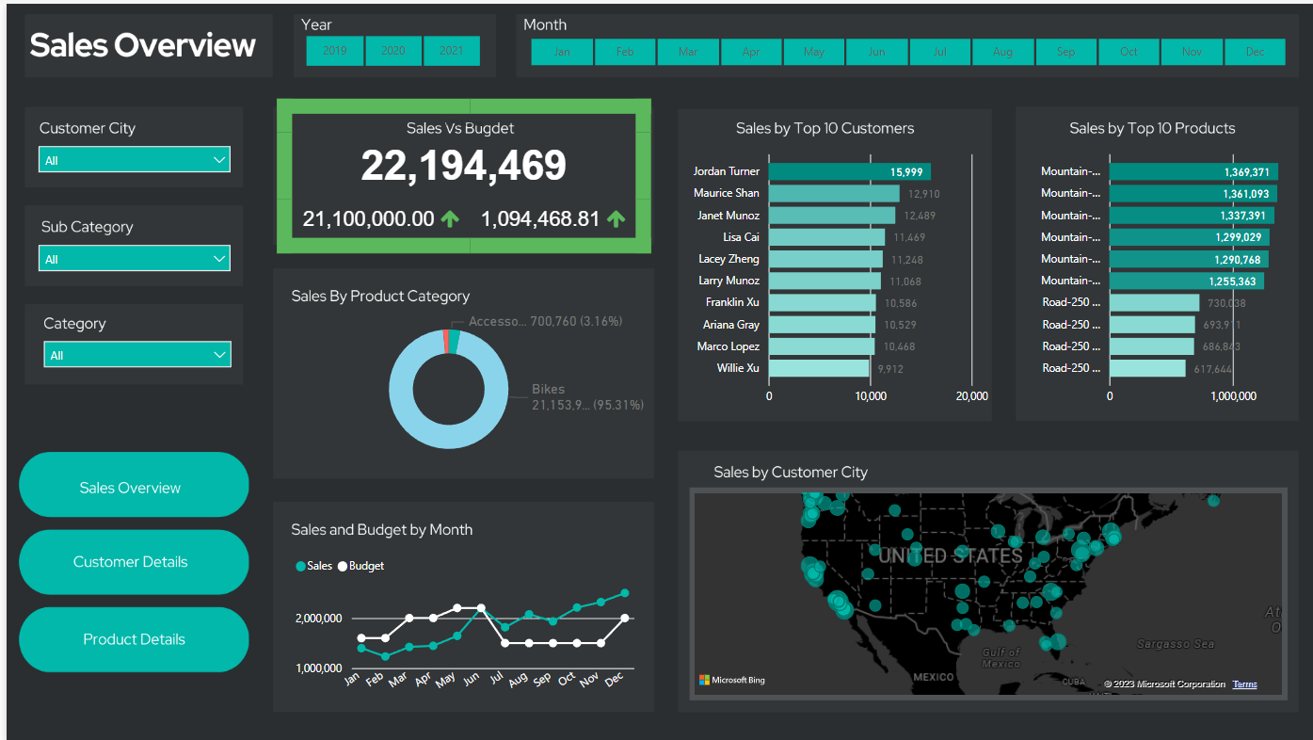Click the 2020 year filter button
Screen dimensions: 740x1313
[x=393, y=51]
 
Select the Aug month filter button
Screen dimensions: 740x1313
[x=1002, y=52]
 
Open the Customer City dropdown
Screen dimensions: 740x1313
[x=135, y=160]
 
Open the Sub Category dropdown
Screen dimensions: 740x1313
[x=135, y=259]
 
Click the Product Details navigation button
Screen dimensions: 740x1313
[x=134, y=639]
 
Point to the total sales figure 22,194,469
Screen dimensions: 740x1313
[x=463, y=167]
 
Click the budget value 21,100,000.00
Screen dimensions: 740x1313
[x=368, y=219]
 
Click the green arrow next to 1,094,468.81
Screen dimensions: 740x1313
[x=616, y=219]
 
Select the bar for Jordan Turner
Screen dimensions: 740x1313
[x=849, y=171]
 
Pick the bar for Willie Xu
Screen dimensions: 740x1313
[x=819, y=368]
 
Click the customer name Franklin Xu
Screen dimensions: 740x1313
[x=732, y=302]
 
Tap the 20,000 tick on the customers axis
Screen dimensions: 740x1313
[x=971, y=396]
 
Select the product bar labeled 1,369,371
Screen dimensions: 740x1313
[x=1193, y=171]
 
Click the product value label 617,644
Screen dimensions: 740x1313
[x=1212, y=369]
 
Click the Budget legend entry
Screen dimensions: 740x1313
[x=361, y=566]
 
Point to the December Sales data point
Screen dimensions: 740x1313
[x=624, y=593]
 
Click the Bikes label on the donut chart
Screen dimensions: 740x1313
[x=548, y=389]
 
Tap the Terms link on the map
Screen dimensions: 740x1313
[x=1244, y=684]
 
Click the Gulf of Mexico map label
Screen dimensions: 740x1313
[x=1000, y=657]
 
